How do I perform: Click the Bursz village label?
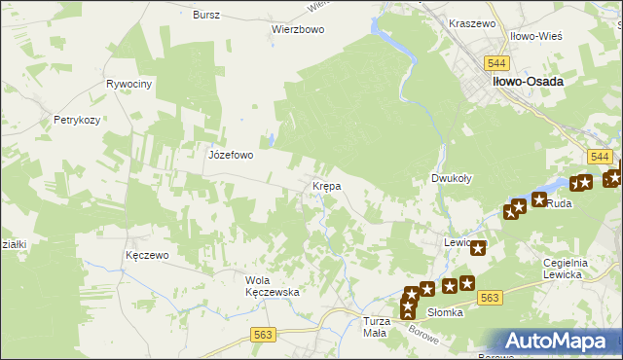pos(206,15)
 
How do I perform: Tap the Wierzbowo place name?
pos(297,29)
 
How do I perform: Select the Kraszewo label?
pos(472,22)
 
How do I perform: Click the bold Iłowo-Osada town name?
pos(527,83)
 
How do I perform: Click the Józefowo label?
pos(231,155)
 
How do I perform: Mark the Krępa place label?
pos(325,185)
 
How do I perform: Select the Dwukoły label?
pos(452,179)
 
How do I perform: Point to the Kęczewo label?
pos(148,255)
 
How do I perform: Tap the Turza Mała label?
pos(376,326)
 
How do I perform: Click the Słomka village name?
pos(444,312)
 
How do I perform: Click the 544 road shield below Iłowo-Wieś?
pos(521,61)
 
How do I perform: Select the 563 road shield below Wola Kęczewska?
pos(263,334)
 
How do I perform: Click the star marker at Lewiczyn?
pos(477,248)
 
